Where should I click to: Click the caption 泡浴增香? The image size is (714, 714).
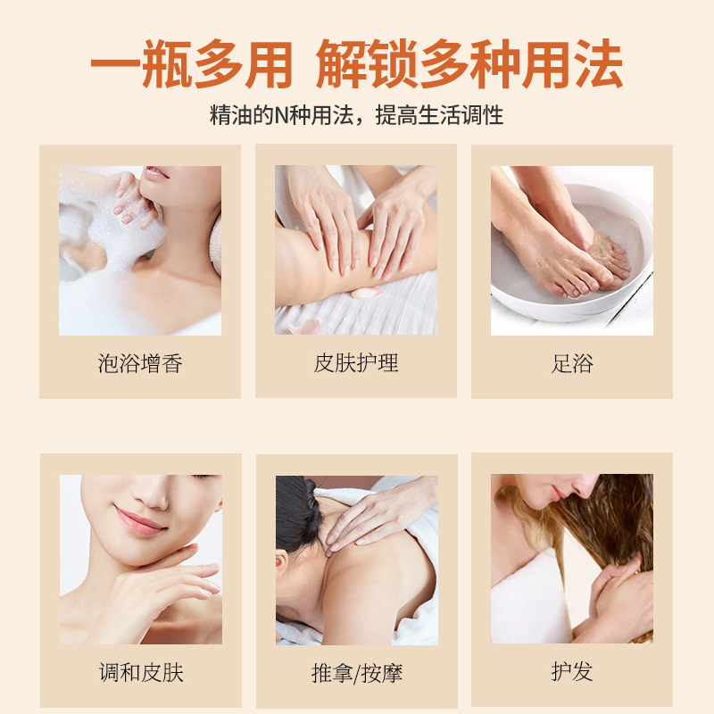point(140,363)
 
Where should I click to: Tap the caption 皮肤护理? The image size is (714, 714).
point(356,363)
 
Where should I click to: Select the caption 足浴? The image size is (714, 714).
point(572,363)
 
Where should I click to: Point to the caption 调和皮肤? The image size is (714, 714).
point(141,672)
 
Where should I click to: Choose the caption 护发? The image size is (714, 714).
point(572,671)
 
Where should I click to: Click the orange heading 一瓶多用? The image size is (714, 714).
point(192,64)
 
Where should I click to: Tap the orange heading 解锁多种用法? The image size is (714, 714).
point(469,64)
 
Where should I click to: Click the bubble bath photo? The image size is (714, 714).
point(140,251)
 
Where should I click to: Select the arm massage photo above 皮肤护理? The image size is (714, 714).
point(356,251)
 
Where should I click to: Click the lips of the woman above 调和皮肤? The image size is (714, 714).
point(140,519)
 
